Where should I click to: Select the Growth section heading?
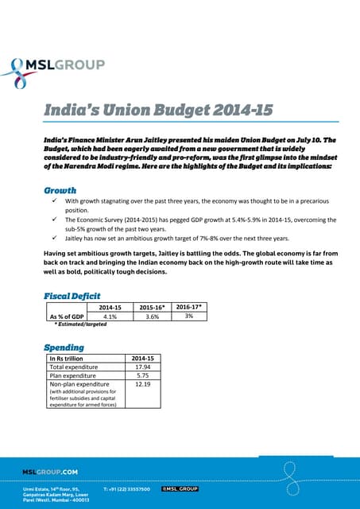(x=60, y=190)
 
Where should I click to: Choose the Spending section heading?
(x=64, y=348)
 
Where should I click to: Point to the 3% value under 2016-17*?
(x=188, y=316)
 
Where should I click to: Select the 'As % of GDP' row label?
(x=67, y=316)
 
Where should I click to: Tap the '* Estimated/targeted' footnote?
(x=79, y=324)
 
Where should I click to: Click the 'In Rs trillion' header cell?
(x=68, y=358)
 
